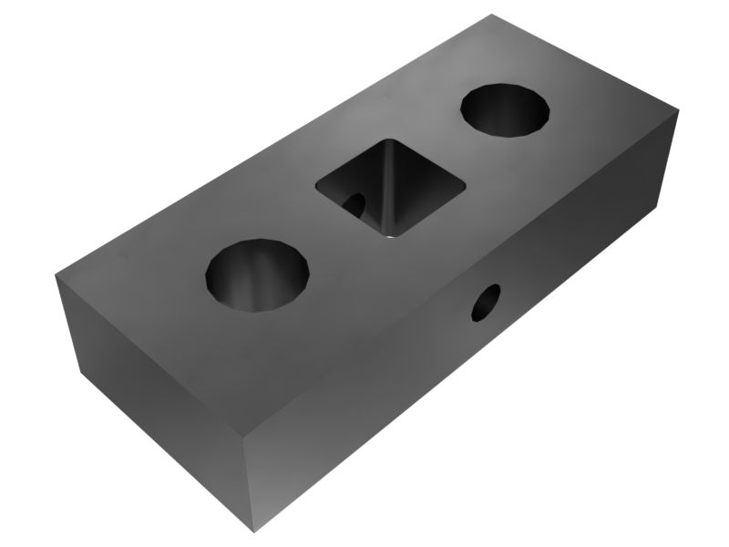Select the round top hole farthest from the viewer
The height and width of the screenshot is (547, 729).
click(507, 109)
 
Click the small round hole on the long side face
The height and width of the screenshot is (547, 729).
click(486, 303)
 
